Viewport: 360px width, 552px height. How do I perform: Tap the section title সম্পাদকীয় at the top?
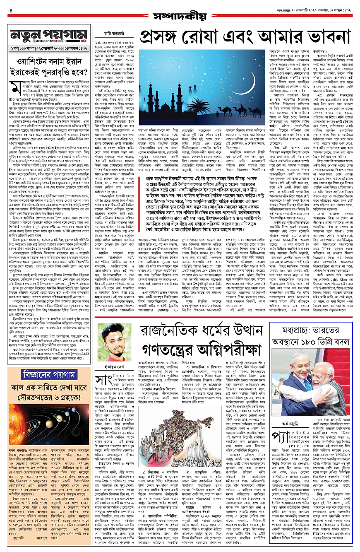coord(180,16)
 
